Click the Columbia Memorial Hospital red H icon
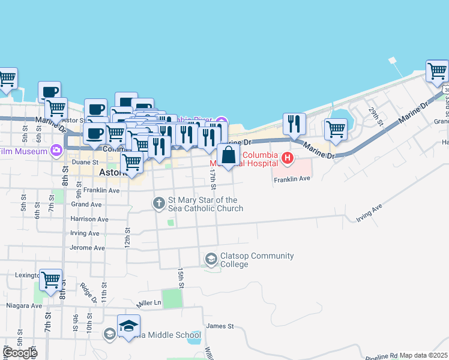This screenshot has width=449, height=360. [x=288, y=159]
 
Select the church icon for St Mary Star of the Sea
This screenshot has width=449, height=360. [x=159, y=203]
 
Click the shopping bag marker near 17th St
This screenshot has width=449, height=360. [x=229, y=155]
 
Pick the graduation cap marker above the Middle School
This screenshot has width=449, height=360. [x=128, y=325]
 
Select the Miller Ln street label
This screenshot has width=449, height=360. [x=149, y=303]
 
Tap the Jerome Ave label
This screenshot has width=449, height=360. [x=88, y=247]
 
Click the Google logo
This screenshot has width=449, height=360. [x=19, y=353]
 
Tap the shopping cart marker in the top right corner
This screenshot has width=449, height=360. [x=438, y=71]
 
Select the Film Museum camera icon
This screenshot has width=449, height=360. [x=56, y=149]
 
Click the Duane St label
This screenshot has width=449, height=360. [x=86, y=162]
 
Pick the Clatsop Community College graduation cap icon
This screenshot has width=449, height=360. [x=211, y=259]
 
